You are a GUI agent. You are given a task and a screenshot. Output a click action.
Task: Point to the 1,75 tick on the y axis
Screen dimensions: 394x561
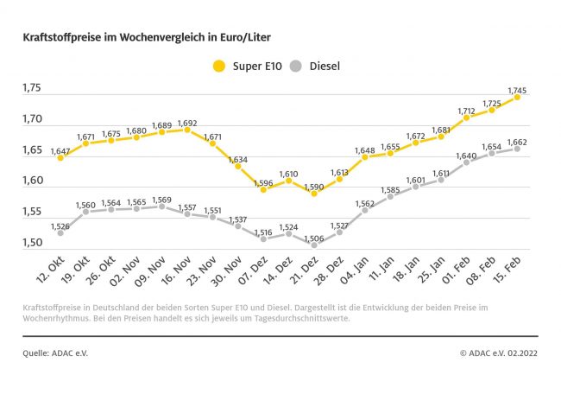pyautogui.click(x=35, y=88)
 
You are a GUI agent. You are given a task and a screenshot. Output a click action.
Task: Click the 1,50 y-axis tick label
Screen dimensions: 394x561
pyautogui.click(x=35, y=244)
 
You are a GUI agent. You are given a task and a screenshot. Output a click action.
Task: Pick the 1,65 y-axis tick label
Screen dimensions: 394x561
pyautogui.click(x=35, y=150)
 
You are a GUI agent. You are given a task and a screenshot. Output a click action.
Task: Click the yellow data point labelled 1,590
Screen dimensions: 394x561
pyautogui.click(x=314, y=194)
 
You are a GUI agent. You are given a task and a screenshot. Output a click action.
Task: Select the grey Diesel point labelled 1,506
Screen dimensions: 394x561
pyautogui.click(x=314, y=245)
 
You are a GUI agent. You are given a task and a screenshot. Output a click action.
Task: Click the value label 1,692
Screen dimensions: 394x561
pyautogui.click(x=187, y=122)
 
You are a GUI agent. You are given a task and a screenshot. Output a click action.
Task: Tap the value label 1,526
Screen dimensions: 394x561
pyautogui.click(x=60, y=226)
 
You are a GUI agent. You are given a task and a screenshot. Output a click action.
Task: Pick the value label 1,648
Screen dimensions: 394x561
pyautogui.click(x=365, y=149)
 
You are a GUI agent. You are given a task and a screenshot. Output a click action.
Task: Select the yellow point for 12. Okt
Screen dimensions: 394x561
pyautogui.click(x=60, y=158)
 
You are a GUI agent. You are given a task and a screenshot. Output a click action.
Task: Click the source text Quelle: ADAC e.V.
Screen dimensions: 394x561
pyautogui.click(x=56, y=353)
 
